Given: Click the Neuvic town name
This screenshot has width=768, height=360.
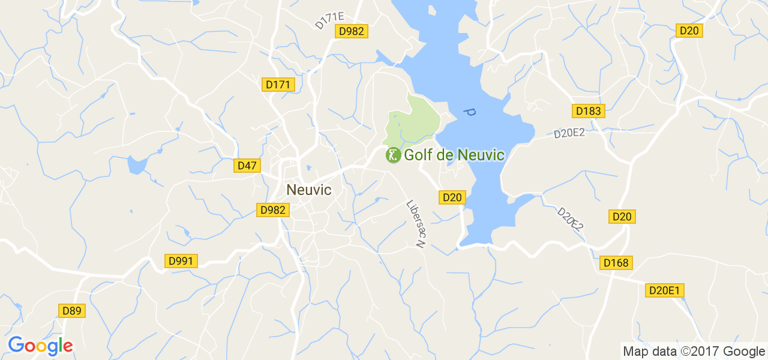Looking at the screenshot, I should point(309,190).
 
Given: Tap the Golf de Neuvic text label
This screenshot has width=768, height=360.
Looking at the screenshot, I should point(454,155).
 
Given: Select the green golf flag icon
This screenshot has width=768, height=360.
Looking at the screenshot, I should point(393,155).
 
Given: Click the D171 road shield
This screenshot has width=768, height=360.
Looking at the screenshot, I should point(278,85).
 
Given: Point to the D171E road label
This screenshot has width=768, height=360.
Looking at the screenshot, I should point(329,20).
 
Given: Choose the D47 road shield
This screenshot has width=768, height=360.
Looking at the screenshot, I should point(247,166).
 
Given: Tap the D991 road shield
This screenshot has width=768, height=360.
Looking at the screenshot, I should point(181,261).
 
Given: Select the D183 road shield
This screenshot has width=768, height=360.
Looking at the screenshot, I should point(588,111).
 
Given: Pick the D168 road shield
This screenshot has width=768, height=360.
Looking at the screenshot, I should point(616,263).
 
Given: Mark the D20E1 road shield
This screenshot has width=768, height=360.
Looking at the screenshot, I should point(665,290).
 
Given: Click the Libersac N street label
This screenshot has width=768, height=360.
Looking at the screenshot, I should point(415,224).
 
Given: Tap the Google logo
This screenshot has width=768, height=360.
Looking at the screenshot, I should point(40,346).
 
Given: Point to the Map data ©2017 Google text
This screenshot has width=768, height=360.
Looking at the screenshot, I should point(694,352).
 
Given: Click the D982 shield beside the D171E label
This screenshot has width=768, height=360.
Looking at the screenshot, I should point(351,31).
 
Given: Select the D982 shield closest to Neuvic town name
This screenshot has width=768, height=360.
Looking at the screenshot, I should point(274,209).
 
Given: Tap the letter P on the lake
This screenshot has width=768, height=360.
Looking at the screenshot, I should point(470,112).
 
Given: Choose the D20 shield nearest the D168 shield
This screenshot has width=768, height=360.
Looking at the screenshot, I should point(622,217).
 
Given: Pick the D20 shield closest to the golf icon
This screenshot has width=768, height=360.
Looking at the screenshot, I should point(452,197).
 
